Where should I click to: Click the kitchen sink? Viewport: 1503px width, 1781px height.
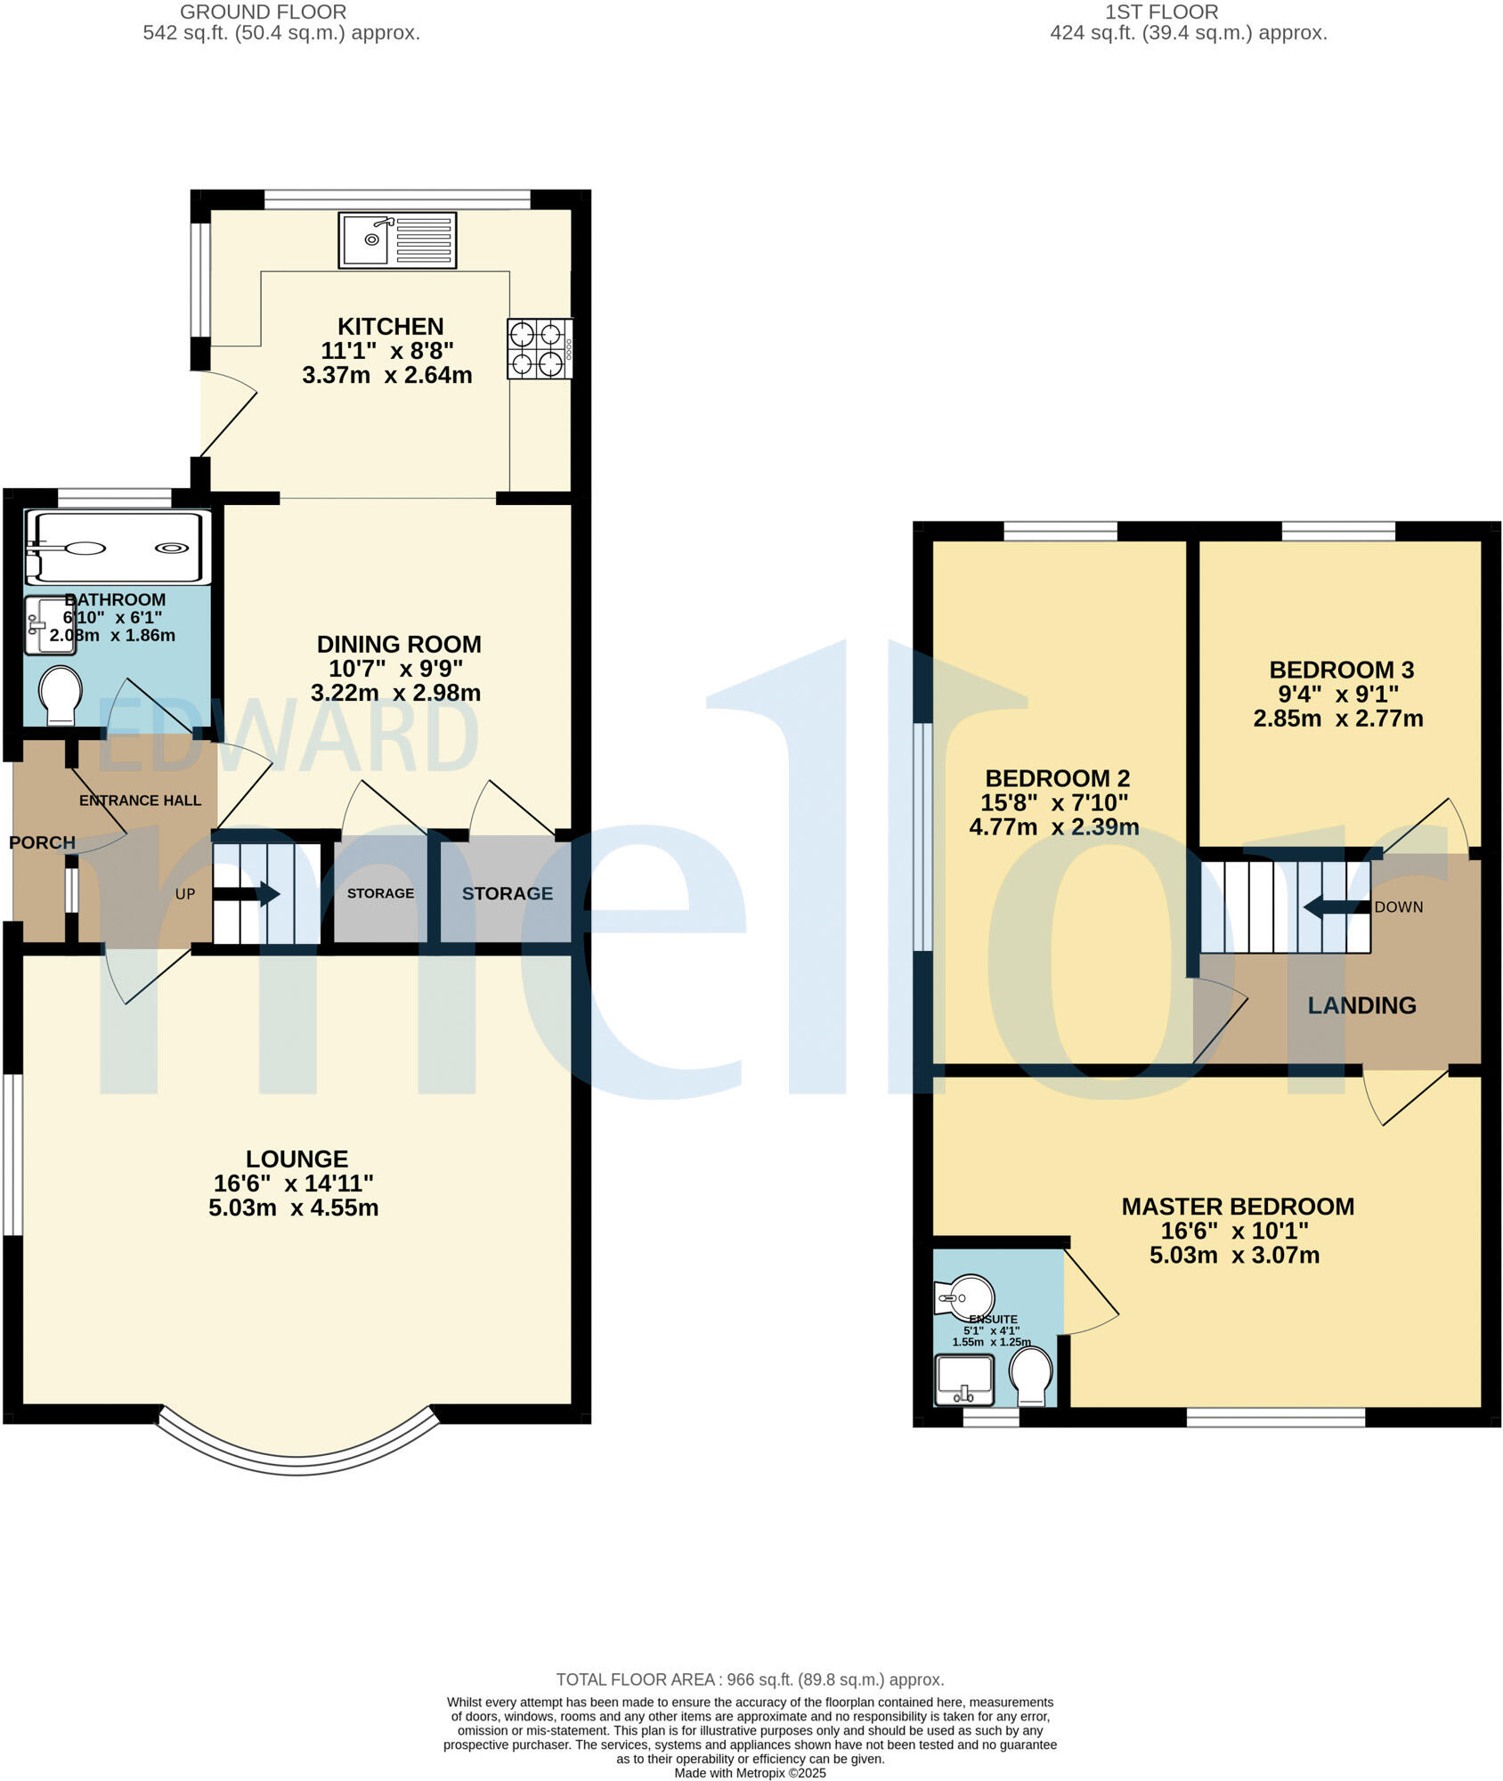(x=397, y=240)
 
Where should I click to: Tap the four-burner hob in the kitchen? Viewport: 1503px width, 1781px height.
(x=539, y=348)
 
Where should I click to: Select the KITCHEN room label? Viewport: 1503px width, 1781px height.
(x=390, y=327)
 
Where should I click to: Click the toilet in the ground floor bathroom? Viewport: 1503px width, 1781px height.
(x=61, y=695)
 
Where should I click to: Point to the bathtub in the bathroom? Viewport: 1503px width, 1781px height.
(x=117, y=547)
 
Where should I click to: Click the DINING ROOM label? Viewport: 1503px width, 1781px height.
(x=399, y=645)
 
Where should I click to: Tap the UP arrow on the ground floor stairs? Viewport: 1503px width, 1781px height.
(x=258, y=893)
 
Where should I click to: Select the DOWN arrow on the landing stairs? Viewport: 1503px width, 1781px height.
(x=1336, y=907)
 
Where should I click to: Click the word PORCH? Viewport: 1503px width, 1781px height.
(x=42, y=842)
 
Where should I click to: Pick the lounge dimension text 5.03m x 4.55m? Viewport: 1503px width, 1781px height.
(x=294, y=1208)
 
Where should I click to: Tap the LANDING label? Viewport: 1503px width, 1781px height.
(x=1361, y=1005)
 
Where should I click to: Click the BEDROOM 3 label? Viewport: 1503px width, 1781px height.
(x=1341, y=670)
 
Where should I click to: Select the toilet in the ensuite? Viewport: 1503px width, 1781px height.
(x=1031, y=1377)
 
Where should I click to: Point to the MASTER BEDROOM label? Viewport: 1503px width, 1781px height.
(x=1238, y=1207)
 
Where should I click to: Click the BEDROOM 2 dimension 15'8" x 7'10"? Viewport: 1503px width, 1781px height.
(x=1054, y=803)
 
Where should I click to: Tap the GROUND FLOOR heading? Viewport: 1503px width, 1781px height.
(x=264, y=12)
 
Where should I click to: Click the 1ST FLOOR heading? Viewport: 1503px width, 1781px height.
(x=1161, y=12)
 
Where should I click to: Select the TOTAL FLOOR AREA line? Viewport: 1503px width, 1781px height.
(x=750, y=1679)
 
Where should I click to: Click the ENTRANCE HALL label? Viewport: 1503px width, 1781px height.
(x=140, y=801)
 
